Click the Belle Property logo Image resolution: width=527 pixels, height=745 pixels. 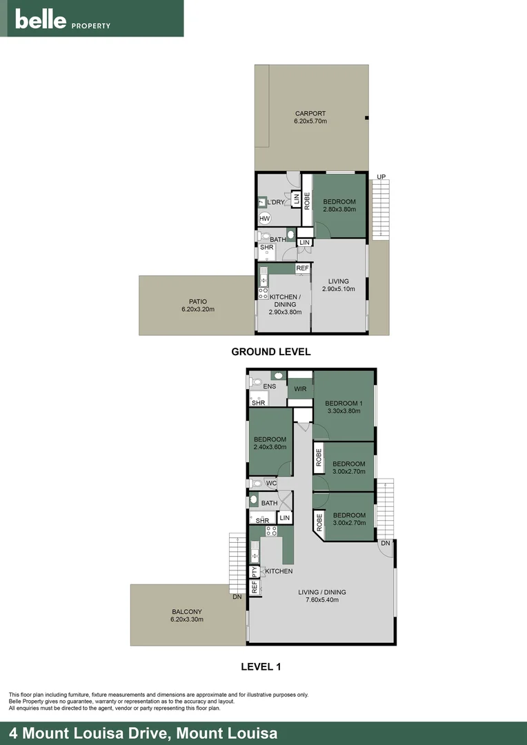point(63,20)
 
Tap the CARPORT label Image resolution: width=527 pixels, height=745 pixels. point(310,114)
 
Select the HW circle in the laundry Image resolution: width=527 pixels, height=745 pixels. point(265,219)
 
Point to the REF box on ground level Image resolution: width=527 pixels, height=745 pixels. point(303,268)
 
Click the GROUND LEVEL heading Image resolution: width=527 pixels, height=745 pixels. point(270,352)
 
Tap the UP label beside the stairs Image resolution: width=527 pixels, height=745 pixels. point(380,177)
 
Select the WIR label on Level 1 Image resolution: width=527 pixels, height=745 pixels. point(300,390)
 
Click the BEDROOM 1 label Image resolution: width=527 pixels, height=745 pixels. point(344,403)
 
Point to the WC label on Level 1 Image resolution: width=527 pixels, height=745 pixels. point(271,483)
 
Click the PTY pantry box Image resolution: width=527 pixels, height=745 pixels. point(254,572)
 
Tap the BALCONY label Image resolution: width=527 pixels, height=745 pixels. point(188,611)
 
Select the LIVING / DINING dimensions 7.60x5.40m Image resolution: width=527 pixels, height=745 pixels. point(322,600)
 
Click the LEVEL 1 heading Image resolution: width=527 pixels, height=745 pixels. point(261,667)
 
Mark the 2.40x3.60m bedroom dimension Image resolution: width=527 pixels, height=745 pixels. point(270,447)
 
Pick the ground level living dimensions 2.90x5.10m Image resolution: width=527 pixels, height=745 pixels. point(338,289)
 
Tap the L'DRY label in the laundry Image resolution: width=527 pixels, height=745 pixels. point(276,202)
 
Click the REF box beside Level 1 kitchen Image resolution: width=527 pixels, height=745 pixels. point(254,587)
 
